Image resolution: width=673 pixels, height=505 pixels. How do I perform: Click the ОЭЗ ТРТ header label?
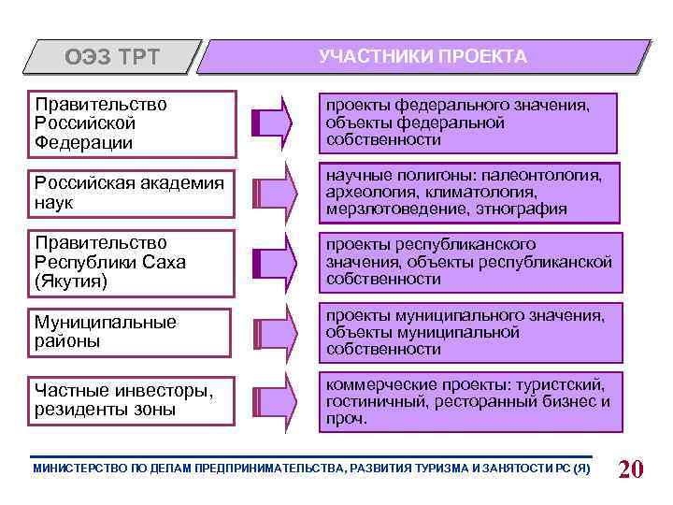[x=112, y=58]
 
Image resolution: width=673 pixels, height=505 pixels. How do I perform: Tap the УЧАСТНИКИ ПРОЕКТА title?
[x=422, y=57]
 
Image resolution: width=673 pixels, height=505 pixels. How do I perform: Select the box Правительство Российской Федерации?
[x=130, y=123]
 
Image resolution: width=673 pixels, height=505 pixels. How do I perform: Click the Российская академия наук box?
[x=130, y=193]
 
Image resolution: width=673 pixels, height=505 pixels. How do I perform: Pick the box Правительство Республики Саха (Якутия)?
[x=130, y=262]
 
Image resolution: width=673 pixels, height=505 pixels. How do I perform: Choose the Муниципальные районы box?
[x=130, y=332]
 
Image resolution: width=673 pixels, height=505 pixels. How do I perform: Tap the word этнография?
[x=519, y=209]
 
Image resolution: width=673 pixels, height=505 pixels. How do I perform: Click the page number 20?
[x=631, y=469]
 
